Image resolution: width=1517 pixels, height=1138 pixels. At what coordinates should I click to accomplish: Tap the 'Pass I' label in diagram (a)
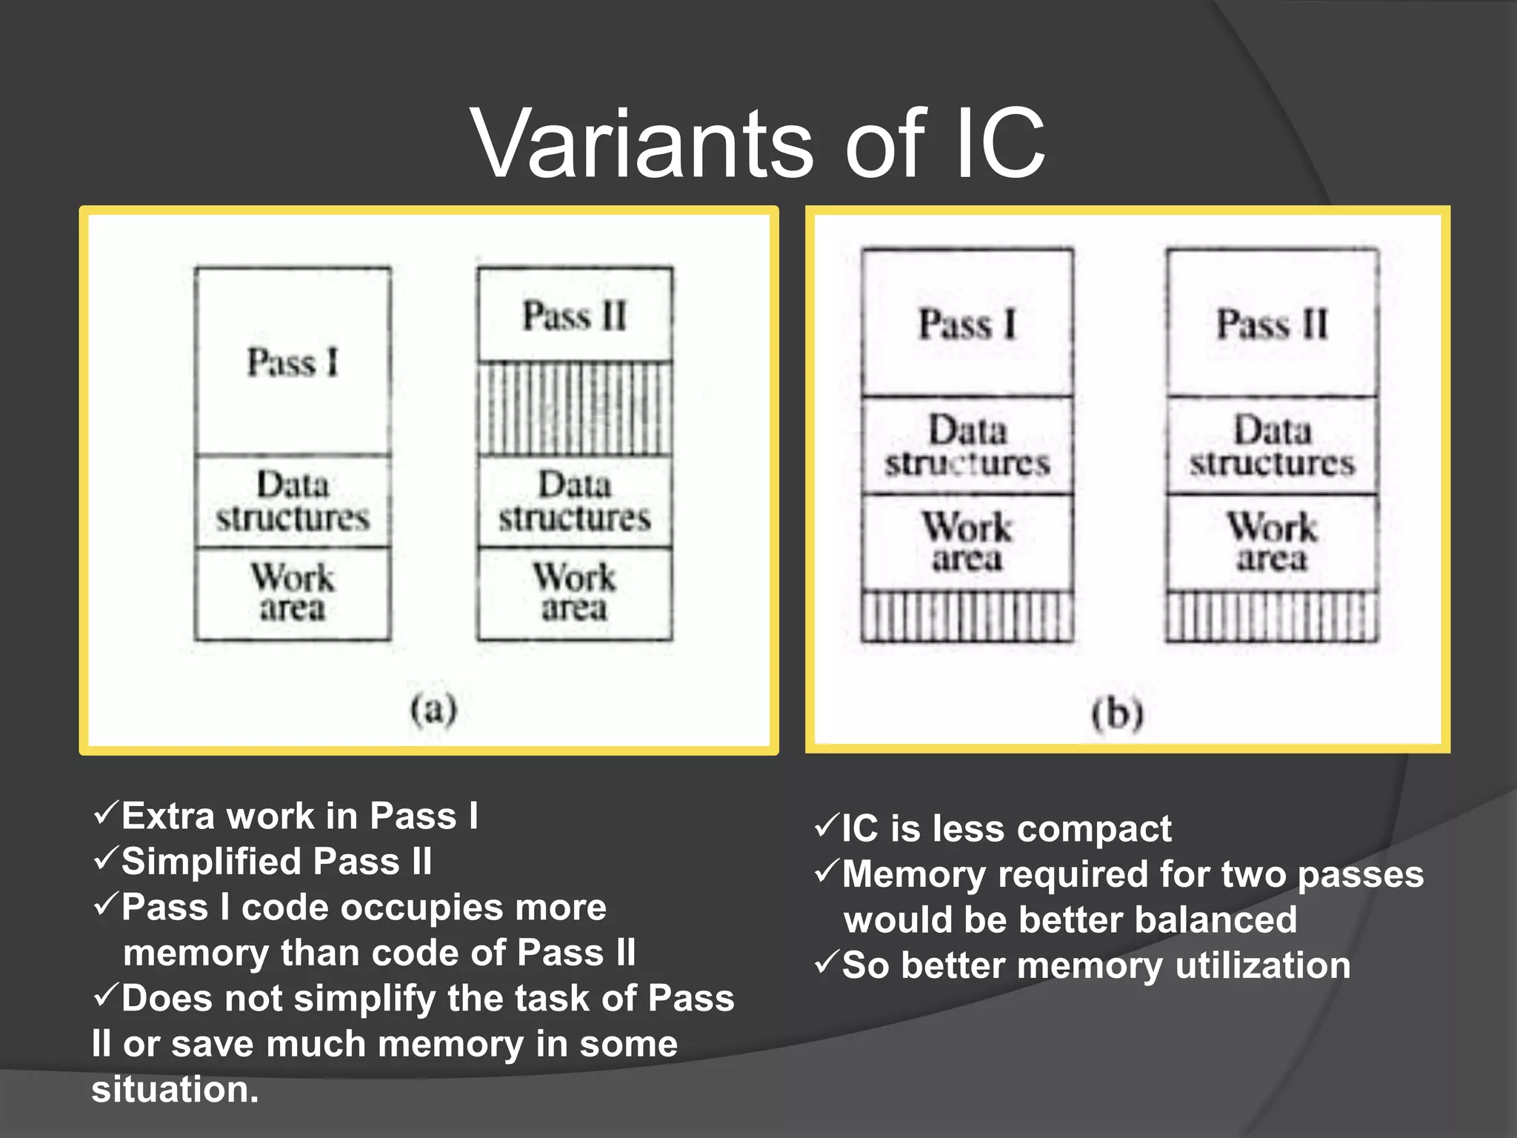click(293, 363)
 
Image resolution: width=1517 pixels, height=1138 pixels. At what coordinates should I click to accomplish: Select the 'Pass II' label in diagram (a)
click(575, 316)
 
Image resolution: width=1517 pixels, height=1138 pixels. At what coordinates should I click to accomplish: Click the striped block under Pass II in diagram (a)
click(575, 409)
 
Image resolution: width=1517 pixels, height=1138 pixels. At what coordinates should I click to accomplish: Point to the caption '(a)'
click(434, 709)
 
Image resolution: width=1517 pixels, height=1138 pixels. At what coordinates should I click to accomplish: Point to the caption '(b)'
click(1118, 714)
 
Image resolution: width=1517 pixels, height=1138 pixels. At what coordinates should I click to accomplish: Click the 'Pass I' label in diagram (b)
click(967, 325)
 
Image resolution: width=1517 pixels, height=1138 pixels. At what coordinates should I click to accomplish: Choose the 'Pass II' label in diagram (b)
click(1272, 325)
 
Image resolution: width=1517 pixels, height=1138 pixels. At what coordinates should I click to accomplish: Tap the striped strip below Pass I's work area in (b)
click(967, 616)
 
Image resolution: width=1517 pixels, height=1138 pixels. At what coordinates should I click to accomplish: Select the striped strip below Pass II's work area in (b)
click(1272, 616)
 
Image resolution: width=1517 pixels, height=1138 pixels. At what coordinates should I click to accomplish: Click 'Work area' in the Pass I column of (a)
click(293, 593)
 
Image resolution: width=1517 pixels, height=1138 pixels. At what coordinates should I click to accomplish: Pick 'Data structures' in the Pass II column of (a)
click(575, 502)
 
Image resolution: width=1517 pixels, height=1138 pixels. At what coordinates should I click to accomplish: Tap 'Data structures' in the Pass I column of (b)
click(967, 446)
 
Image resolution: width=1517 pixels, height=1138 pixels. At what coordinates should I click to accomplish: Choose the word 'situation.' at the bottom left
click(175, 1090)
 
